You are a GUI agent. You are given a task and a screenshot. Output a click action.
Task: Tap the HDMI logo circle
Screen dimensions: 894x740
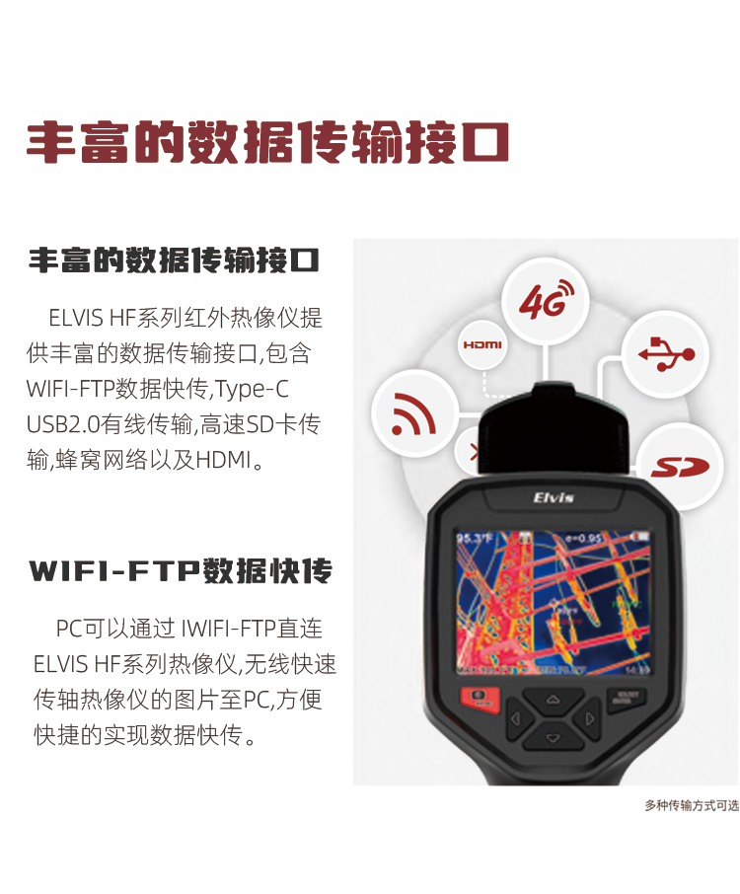click(482, 345)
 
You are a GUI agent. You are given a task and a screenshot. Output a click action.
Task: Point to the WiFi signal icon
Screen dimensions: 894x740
click(414, 414)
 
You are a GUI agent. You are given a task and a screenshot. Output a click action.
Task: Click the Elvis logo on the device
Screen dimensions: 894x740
click(554, 497)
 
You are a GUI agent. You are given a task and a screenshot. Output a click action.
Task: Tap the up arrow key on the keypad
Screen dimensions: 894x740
click(553, 702)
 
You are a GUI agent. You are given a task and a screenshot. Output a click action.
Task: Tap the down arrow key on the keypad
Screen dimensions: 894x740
click(553, 738)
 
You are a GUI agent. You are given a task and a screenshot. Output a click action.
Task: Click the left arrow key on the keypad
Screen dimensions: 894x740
click(516, 719)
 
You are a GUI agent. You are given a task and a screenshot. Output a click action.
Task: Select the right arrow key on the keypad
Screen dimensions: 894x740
click(589, 719)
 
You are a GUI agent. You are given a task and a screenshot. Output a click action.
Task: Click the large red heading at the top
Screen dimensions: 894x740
click(266, 144)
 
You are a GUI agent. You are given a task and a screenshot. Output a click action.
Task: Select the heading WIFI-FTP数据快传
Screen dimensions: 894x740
click(181, 570)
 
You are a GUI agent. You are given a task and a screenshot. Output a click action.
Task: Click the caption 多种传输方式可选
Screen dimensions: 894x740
click(692, 805)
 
